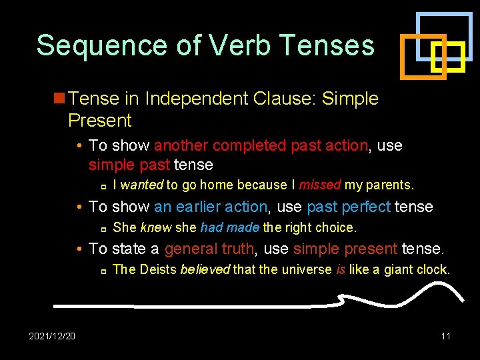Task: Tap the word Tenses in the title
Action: click(327, 45)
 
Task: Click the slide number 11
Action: click(445, 336)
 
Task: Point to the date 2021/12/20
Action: click(52, 336)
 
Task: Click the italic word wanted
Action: click(142, 185)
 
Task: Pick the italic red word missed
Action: click(319, 185)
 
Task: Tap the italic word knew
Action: click(156, 227)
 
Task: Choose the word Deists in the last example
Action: click(158, 270)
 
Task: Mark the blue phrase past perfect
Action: click(349, 207)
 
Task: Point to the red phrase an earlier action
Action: click(210, 207)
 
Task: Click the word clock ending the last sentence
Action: click(433, 270)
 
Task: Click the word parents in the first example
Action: click(391, 185)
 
